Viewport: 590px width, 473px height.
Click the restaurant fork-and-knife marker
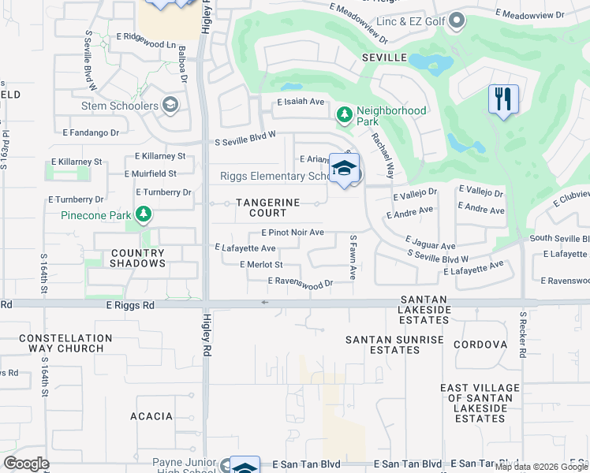tap(503, 100)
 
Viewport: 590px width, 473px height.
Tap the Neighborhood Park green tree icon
tap(344, 115)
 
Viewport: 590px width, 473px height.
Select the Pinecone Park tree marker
tap(143, 214)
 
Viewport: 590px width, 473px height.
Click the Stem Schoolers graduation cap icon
tap(170, 105)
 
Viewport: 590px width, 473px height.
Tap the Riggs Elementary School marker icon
tap(344, 169)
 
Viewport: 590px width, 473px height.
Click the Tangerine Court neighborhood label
tap(268, 208)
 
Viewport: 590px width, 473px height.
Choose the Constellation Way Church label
tap(65, 343)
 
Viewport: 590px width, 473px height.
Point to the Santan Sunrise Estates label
tap(394, 345)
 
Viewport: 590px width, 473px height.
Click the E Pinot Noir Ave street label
tap(293, 233)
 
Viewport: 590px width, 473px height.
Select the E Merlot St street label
tap(260, 264)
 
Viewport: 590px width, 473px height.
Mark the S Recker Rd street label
tap(522, 334)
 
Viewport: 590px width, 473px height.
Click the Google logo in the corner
tap(26, 464)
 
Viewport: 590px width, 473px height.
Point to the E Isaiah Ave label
tap(301, 102)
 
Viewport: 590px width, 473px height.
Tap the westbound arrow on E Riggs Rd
tap(265, 302)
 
